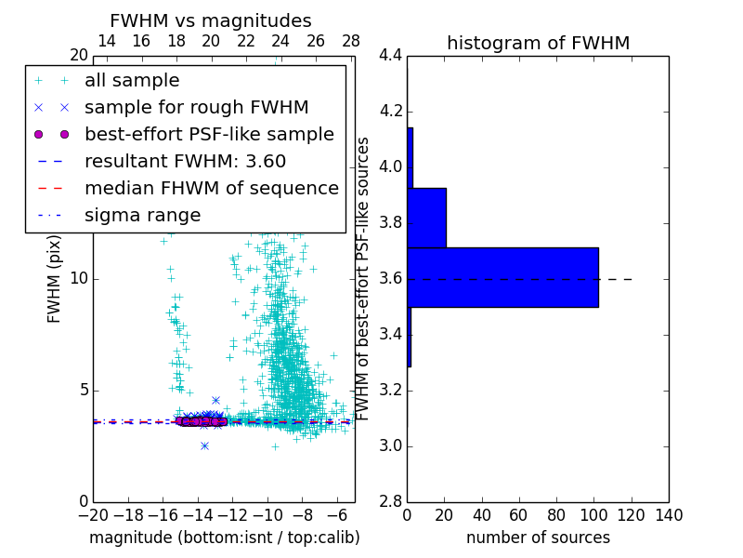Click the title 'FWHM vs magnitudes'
point(211,20)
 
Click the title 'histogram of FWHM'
point(538,43)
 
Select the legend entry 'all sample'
point(132,81)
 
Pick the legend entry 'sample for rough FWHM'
point(196,108)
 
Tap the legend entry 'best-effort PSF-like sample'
point(209,135)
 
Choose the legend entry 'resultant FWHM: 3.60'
point(185,162)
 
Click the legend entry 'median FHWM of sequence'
point(211,189)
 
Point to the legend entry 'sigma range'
point(142,216)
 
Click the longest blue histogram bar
point(502,277)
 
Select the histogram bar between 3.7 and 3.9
point(426,218)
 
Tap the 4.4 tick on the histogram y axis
point(391,56)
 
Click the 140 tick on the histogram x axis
point(669,515)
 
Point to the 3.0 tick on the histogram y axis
point(391,445)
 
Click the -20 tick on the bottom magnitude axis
point(93,515)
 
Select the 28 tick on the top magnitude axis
point(351,41)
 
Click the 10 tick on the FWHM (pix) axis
point(78,278)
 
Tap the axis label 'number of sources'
point(538,538)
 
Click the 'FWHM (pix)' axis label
point(55,278)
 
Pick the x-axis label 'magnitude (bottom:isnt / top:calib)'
point(224,538)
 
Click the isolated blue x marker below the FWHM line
point(204,445)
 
